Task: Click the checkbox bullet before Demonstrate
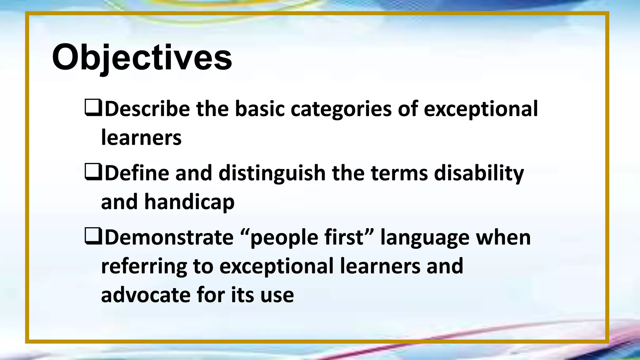[93, 237]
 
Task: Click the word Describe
[147, 109]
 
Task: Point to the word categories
[341, 109]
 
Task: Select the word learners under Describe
[141, 138]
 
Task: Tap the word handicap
[189, 202]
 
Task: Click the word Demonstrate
[169, 238]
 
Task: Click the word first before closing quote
[344, 238]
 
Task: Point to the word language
[425, 238]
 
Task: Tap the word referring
[144, 267]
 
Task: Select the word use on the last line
[277, 295]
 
